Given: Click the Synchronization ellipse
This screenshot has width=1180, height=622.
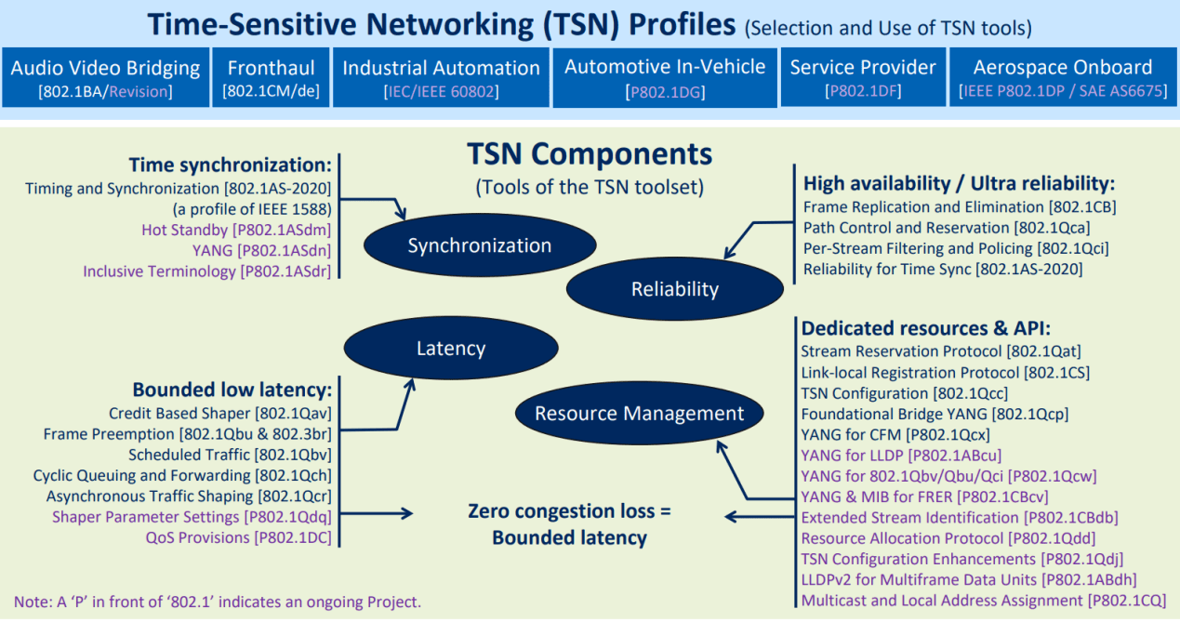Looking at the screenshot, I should [479, 245].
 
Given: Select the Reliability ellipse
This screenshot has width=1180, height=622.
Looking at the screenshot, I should [674, 289].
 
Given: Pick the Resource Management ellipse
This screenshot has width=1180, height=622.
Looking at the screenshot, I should [639, 414].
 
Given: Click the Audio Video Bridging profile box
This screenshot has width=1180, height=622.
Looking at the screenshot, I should [105, 78].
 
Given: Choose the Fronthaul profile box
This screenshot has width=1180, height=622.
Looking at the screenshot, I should [271, 78].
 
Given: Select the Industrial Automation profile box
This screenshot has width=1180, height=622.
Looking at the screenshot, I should [441, 78].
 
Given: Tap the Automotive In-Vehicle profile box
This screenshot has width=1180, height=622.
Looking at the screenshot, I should [665, 77].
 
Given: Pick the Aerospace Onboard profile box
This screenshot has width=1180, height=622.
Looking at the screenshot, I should [1062, 78].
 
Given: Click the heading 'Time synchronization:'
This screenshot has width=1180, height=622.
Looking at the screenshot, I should [230, 165].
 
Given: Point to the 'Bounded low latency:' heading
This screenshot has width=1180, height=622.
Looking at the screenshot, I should [232, 389].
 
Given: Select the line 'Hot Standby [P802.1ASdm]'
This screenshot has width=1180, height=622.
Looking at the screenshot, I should [236, 230].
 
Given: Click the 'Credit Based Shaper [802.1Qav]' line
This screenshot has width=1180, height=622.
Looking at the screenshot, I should [219, 413].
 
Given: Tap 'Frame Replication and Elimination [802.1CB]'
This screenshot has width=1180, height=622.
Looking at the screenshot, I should [959, 206].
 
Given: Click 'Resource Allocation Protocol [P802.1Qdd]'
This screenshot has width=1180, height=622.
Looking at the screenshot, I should [948, 538].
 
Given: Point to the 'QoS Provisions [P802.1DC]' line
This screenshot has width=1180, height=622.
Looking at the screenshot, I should [238, 537].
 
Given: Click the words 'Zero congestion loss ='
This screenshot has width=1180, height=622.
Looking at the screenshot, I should [569, 511].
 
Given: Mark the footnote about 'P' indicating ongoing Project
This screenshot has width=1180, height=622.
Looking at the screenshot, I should [217, 601].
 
